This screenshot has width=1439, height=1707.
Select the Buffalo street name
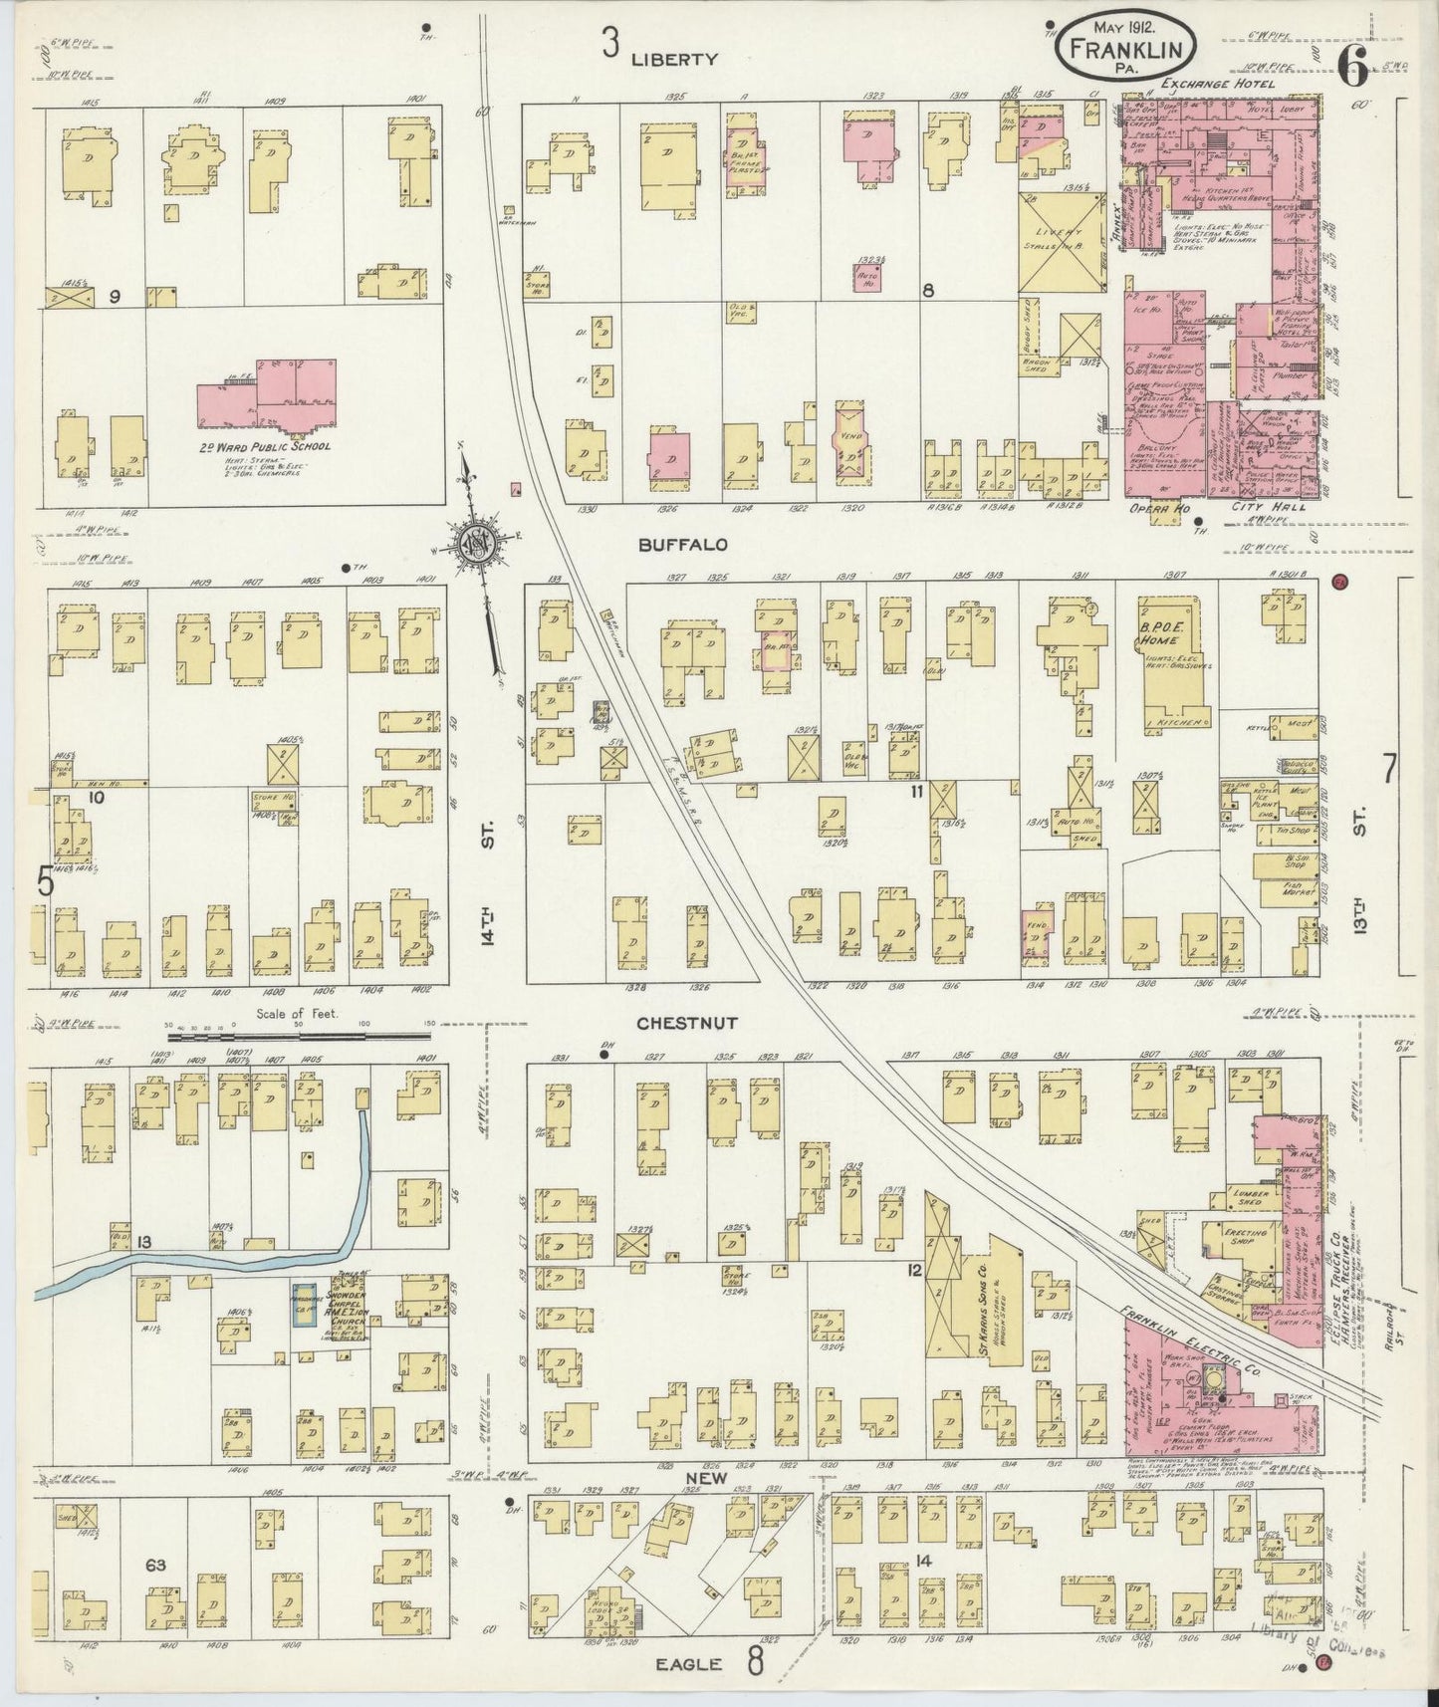point(683,545)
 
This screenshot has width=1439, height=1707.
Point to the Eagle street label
point(687,1664)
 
